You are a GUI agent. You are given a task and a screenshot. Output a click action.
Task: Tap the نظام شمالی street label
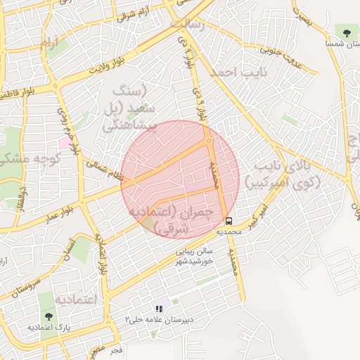tap(105, 167)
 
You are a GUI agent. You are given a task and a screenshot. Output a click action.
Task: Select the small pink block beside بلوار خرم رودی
tap(65, 143)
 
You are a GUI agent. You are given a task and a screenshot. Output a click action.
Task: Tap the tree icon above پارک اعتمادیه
tap(48, 317)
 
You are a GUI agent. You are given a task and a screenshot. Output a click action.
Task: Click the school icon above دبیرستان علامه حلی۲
tap(159, 309)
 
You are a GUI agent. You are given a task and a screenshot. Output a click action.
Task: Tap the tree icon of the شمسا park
tap(346, 32)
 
